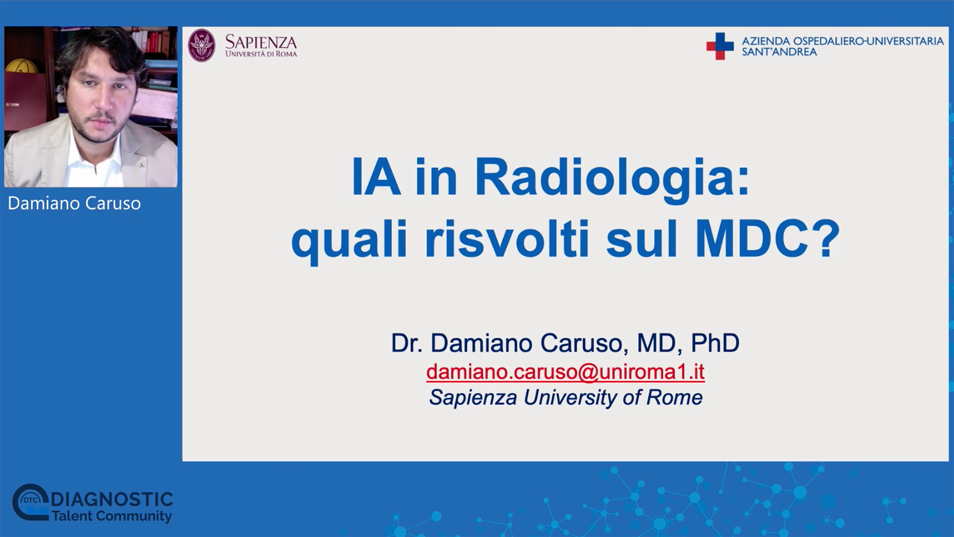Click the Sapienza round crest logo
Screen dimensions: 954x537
click(x=202, y=46)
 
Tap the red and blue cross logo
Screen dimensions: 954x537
click(x=720, y=46)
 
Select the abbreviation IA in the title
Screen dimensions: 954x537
click(x=376, y=178)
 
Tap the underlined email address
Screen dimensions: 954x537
click(x=565, y=371)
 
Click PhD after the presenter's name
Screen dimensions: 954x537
click(x=715, y=343)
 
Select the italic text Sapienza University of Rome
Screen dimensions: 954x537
click(x=566, y=398)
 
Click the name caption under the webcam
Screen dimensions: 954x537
click(x=75, y=203)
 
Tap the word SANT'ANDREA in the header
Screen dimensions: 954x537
click(x=779, y=52)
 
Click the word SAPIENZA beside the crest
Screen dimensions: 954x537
click(x=261, y=42)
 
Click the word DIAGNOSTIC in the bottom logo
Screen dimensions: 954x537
click(x=112, y=499)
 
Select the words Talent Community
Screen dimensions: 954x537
click(x=111, y=516)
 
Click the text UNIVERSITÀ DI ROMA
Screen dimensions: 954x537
click(x=261, y=54)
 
